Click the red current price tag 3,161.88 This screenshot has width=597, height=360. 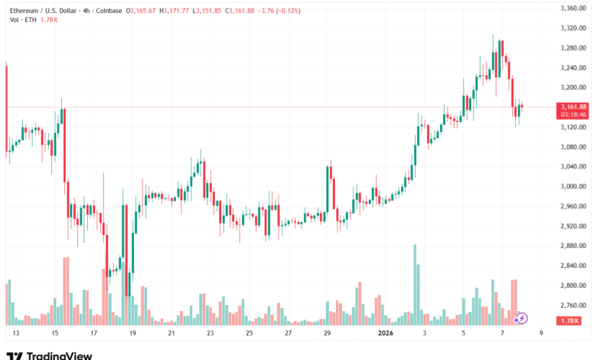click(x=573, y=106)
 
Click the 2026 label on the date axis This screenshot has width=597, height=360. click(x=386, y=333)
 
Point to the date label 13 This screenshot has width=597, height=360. click(x=15, y=333)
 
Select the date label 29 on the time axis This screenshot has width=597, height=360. click(x=328, y=333)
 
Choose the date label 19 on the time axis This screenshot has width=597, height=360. click(x=132, y=333)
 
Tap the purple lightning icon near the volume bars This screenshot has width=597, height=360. click(x=522, y=317)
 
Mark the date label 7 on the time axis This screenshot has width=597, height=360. click(x=502, y=333)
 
